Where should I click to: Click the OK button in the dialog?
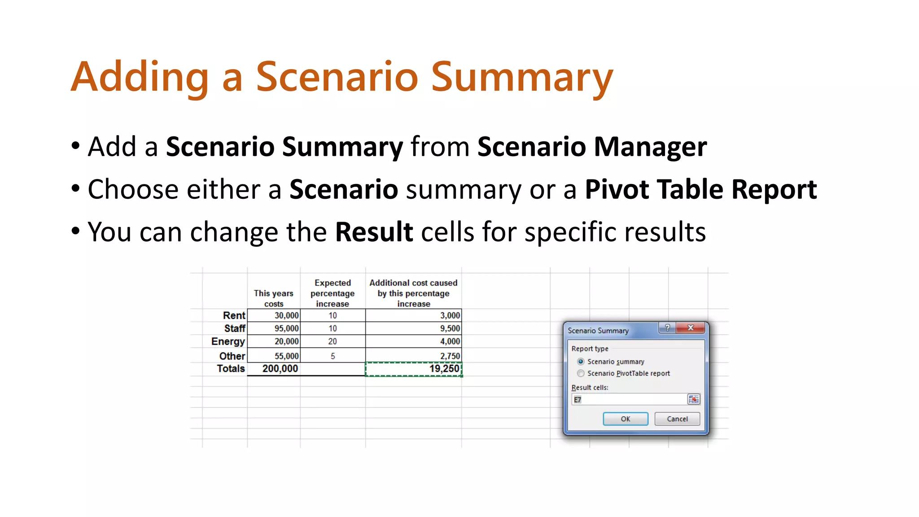[625, 419]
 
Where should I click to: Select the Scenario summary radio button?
[581, 361]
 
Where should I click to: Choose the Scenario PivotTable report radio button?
[581, 373]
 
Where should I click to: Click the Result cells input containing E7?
[628, 399]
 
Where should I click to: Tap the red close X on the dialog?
[691, 328]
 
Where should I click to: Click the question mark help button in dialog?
[667, 328]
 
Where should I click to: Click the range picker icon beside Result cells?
[693, 399]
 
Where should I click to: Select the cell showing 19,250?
[413, 369]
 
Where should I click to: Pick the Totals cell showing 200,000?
[274, 369]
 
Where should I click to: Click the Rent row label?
[234, 315]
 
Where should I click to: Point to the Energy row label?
[228, 342]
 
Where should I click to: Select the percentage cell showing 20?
[333, 342]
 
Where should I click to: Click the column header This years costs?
[273, 298]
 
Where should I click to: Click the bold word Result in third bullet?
[374, 232]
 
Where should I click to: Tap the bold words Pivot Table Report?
[700, 189]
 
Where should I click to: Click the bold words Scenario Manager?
[592, 147]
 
